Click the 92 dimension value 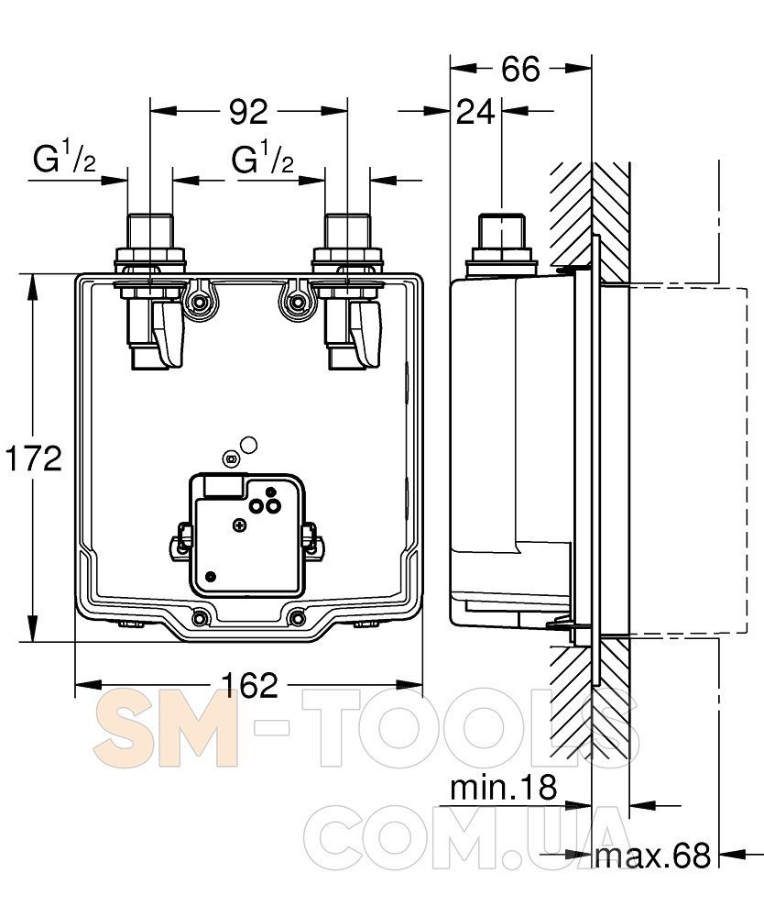tap(248, 111)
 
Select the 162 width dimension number tap(250, 685)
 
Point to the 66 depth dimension tap(520, 69)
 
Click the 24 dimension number tap(475, 112)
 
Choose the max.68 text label tap(653, 855)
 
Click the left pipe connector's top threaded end tap(150, 232)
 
